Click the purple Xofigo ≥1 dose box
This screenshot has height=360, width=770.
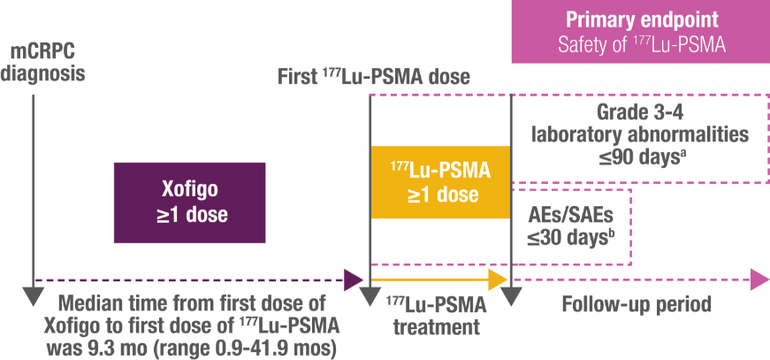coord(189,203)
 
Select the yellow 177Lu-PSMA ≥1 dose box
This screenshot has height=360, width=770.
coord(440,182)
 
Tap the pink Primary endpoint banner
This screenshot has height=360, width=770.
coord(640,33)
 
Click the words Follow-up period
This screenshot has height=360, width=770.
coord(637,305)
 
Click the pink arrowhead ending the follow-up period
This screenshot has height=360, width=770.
coord(759,280)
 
